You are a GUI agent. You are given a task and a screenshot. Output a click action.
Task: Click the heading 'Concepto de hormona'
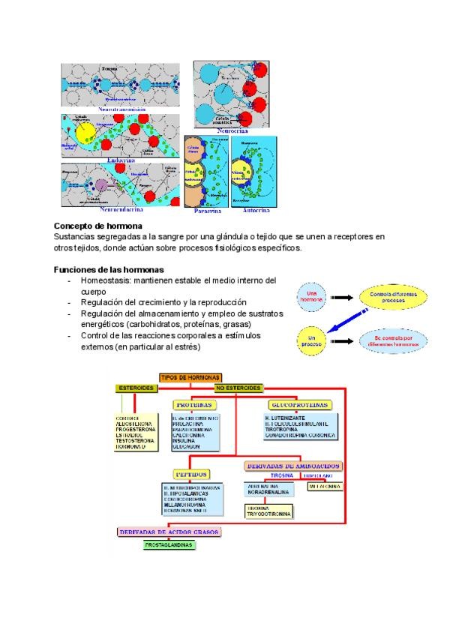[98, 226]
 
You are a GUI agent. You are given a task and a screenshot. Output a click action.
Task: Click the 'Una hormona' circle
[312, 293]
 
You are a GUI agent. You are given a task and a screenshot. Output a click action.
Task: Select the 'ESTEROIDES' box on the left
[135, 388]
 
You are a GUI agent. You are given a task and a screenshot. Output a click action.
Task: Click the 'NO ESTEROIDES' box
[238, 388]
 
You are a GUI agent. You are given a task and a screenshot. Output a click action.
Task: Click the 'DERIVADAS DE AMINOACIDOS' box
[293, 466]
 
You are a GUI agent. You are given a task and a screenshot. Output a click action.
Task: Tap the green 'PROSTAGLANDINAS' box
[168, 544]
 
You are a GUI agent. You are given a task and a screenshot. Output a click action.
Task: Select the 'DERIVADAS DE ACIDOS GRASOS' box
[169, 532]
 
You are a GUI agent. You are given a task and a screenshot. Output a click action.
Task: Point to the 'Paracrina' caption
[207, 211]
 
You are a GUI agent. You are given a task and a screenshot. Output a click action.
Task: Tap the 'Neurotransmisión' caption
[121, 109]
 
